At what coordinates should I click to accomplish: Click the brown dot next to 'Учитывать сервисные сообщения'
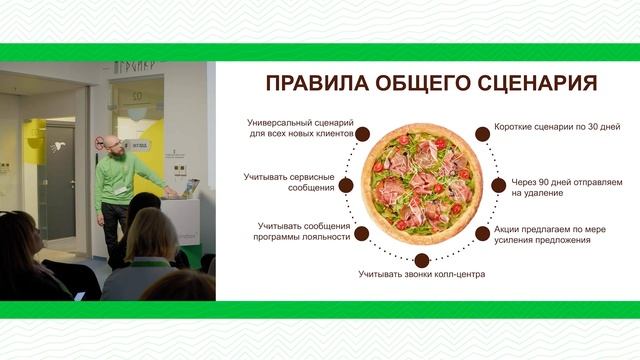click(345, 185)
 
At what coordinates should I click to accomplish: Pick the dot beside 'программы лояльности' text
click(361, 233)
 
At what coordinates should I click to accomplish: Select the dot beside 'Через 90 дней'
click(499, 185)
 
